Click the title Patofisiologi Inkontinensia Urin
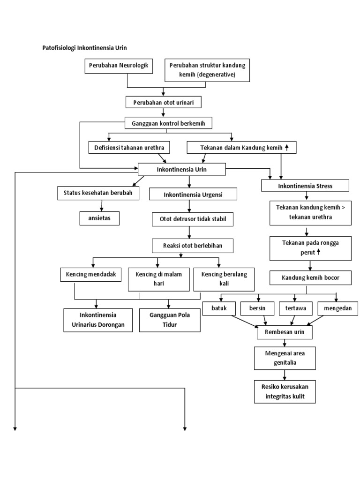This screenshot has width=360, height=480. tap(85, 48)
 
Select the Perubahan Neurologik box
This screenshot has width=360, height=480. tap(119, 66)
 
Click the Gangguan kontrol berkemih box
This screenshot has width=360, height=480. tap(169, 123)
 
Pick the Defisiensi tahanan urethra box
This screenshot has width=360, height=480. tap(129, 148)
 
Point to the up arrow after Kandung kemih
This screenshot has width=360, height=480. tap(287, 147)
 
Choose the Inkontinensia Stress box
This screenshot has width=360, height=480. tap(305, 186)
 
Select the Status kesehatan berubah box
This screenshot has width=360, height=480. tap(98, 193)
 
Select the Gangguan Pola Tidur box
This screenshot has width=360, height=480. tap(164, 320)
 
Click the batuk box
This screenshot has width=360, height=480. tap(218, 308)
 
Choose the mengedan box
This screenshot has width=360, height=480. tap(337, 308)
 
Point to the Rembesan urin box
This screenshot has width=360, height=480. tap(284, 332)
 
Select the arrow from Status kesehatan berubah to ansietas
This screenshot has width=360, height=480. tap(101, 205)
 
